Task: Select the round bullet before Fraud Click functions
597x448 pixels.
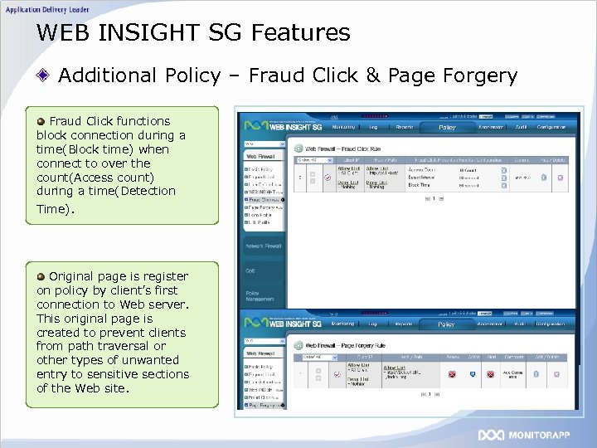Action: (41, 121)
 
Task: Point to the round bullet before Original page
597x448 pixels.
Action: (41, 275)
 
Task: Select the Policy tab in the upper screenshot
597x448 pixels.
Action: (447, 128)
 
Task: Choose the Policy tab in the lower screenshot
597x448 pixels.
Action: (447, 324)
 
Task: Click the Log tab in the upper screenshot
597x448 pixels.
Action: (373, 128)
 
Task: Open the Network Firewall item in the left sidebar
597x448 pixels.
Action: (263, 246)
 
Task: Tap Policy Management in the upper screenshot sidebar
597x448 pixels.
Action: (258, 295)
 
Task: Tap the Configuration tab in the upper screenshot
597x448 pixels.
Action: (550, 128)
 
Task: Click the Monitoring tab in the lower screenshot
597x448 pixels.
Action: (342, 324)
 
